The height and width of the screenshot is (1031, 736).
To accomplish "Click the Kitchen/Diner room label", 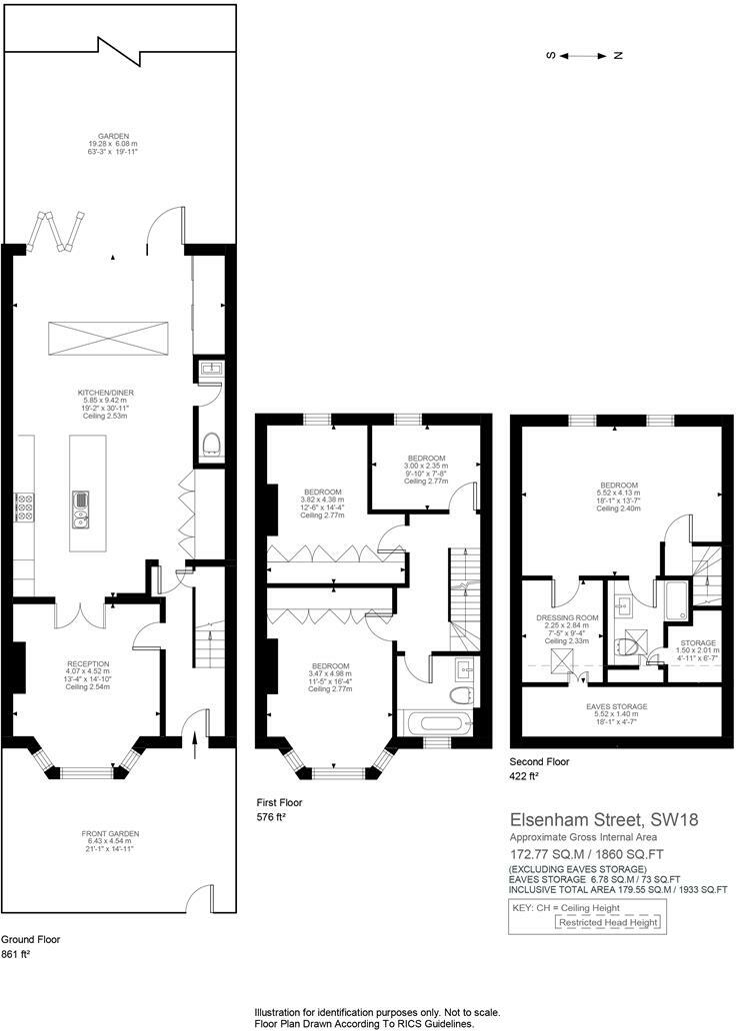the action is [103, 394].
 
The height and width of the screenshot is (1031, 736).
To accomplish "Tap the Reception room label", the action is [88, 664].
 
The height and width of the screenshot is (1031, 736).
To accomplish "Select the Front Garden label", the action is [110, 834].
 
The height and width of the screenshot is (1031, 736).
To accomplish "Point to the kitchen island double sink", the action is [79, 510].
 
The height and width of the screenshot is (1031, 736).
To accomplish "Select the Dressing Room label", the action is [567, 618].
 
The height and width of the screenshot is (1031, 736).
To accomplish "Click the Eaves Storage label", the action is [617, 707].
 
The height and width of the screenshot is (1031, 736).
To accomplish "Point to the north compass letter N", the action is [618, 56].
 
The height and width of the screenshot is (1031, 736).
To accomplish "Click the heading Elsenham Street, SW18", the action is [604, 820].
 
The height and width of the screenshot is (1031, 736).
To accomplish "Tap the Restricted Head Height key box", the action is [608, 922].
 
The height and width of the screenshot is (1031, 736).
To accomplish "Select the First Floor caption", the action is [279, 803].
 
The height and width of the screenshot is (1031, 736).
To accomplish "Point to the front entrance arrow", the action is [195, 744].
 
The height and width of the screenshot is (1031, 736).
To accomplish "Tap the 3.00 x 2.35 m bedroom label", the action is [426, 466].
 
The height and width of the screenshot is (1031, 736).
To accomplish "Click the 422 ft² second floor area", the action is [525, 776].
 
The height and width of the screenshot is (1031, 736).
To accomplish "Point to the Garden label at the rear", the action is [113, 136].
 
